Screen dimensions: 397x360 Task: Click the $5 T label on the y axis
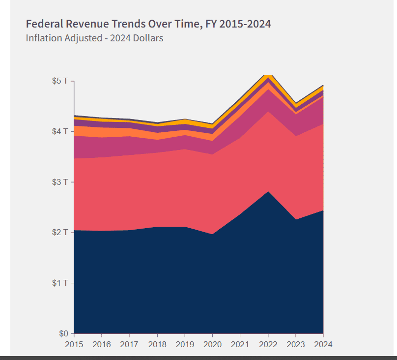click(x=60, y=81)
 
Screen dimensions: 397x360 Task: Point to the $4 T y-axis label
click(x=60, y=131)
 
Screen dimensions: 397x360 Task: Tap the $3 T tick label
click(x=60, y=182)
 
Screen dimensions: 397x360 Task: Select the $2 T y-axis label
click(x=60, y=232)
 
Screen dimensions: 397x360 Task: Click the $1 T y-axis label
click(x=60, y=283)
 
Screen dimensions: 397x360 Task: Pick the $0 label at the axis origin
click(x=63, y=333)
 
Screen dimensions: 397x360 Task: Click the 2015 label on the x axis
click(x=74, y=345)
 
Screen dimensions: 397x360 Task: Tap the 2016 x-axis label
click(x=102, y=345)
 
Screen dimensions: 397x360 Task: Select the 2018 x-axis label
click(x=157, y=345)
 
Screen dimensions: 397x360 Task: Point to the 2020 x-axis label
click(x=212, y=345)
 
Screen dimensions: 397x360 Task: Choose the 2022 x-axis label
click(x=268, y=345)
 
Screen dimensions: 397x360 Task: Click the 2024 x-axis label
click(x=323, y=345)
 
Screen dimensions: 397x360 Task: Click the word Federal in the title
click(x=45, y=24)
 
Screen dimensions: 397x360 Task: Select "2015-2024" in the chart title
click(x=245, y=24)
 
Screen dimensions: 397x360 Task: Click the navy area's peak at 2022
click(x=268, y=191)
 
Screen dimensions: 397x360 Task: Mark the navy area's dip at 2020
click(x=212, y=234)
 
